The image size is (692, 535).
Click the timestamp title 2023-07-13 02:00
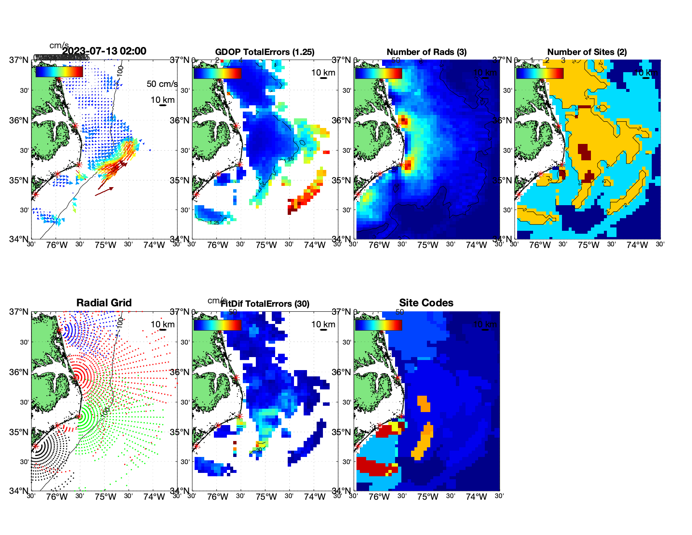[104, 51]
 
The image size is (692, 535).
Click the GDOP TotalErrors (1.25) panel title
[265, 52]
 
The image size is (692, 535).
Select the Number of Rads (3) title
[427, 52]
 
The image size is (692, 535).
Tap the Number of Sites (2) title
[587, 52]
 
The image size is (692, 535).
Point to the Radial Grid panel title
[104, 303]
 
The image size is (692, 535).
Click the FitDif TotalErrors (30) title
[265, 304]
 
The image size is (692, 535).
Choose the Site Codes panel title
[426, 303]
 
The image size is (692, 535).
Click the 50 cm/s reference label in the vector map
[162, 84]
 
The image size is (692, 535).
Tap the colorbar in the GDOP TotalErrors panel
[217, 73]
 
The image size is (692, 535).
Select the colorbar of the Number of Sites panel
[540, 73]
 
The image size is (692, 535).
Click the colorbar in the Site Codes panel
[378, 325]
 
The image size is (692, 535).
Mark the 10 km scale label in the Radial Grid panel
[162, 324]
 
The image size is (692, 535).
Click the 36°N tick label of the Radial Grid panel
[19, 372]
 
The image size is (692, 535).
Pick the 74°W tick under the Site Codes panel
[476, 497]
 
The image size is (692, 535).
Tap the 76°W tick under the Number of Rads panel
[379, 245]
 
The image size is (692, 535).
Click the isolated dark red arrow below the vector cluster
[104, 191]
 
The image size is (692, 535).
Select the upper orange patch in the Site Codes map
[424, 403]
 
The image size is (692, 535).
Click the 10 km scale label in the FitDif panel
[323, 324]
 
